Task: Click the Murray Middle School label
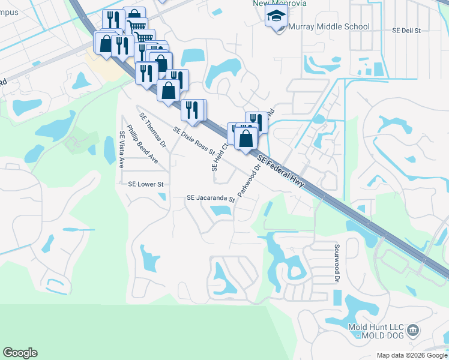(x=329, y=27)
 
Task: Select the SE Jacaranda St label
(x=210, y=197)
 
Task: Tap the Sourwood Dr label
(x=337, y=262)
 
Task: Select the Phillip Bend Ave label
(x=142, y=145)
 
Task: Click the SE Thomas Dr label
(x=152, y=130)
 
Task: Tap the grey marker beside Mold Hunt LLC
(x=413, y=331)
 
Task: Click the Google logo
(x=20, y=353)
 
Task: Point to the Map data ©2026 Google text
(x=412, y=355)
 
